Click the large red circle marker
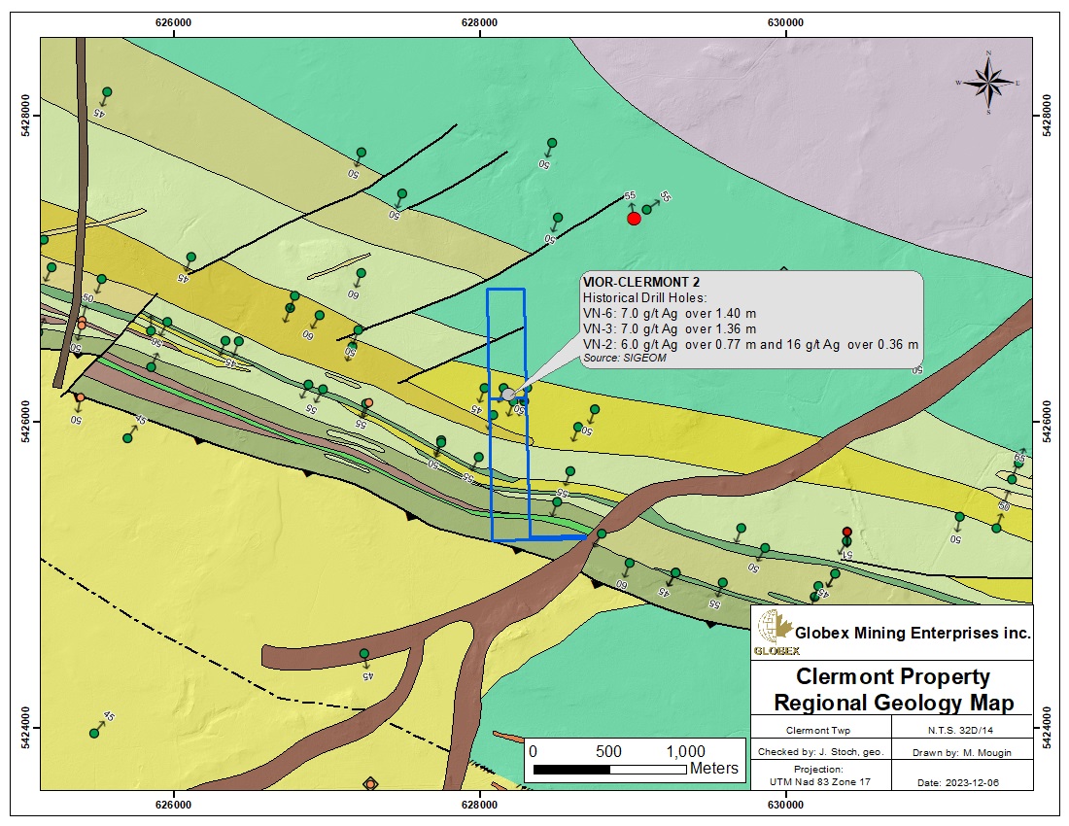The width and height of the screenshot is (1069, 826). (x=634, y=219)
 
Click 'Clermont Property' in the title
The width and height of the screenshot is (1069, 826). (x=893, y=677)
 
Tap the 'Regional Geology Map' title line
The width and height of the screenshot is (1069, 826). (x=893, y=703)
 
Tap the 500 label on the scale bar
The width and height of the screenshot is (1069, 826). (x=608, y=751)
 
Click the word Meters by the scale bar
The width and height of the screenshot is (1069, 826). (x=714, y=769)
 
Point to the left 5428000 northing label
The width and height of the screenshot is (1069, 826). (x=22, y=115)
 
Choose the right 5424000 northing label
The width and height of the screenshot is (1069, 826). (x=1047, y=727)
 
